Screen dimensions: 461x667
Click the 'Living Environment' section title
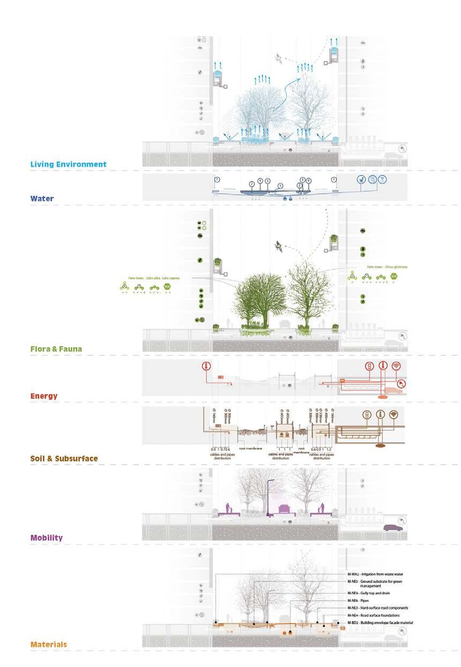(69, 164)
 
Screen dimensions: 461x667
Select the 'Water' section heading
(42, 199)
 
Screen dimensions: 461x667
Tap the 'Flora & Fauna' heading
(56, 349)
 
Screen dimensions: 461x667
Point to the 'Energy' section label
(44, 396)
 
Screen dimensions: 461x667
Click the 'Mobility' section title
(47, 537)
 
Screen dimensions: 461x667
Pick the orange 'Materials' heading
(49, 644)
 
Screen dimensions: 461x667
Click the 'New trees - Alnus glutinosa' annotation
(385, 266)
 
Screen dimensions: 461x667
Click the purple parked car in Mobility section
(392, 528)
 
